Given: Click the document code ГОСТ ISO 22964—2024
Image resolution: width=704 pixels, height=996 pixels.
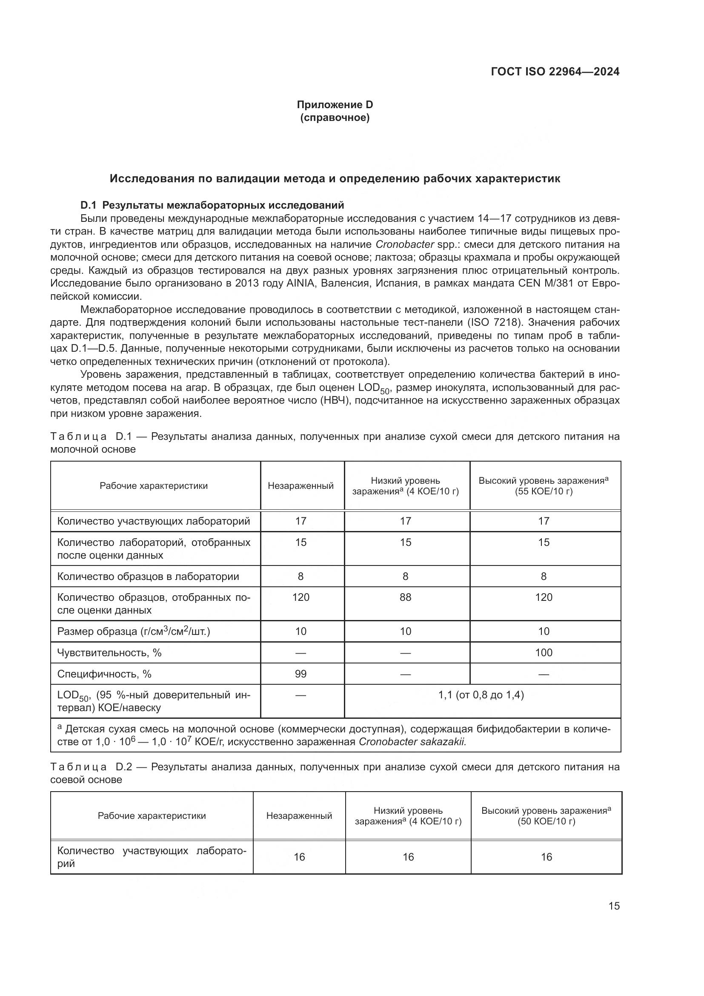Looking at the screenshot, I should (x=555, y=72).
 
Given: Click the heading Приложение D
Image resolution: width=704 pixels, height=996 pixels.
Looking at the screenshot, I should (x=335, y=105).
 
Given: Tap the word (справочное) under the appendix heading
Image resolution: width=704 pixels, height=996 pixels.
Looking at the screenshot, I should (x=335, y=118).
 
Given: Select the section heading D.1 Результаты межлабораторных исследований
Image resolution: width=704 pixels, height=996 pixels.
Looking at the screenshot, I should (x=212, y=205).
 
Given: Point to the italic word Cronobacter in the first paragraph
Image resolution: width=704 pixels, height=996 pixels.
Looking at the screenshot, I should (x=398, y=244).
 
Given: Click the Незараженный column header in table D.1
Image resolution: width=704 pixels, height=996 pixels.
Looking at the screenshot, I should (x=300, y=485).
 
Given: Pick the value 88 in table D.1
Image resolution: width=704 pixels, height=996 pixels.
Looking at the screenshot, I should (x=405, y=597).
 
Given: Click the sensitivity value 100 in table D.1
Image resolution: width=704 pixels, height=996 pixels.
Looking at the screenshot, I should (x=544, y=652).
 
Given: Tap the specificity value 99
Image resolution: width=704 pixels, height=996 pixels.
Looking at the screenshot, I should (x=300, y=674).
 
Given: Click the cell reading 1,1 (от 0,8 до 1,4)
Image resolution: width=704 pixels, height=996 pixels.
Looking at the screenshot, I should (x=481, y=695).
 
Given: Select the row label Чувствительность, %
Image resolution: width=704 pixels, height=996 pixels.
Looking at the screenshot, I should (x=109, y=652).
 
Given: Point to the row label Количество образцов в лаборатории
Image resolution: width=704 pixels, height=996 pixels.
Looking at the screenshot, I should (x=148, y=576).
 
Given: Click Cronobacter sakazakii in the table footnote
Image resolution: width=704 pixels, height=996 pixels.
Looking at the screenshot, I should (x=412, y=741).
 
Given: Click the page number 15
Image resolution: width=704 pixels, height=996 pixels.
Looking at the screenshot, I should (x=614, y=906).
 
